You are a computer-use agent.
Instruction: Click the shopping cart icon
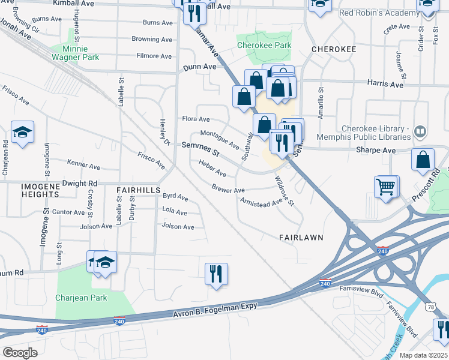(x=387, y=186)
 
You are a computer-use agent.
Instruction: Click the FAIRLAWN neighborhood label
(x=301, y=238)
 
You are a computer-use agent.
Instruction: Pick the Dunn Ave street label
(x=200, y=67)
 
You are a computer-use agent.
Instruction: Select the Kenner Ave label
(x=83, y=164)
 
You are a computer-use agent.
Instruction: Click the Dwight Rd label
(x=79, y=183)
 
